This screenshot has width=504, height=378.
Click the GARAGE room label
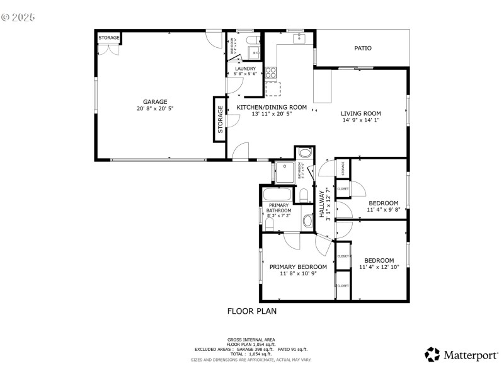(x=154, y=101)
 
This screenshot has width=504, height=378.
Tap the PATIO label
(x=362, y=48)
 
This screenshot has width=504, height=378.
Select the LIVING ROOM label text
(x=361, y=113)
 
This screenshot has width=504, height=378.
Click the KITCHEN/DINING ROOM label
(x=272, y=107)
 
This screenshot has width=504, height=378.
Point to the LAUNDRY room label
(x=245, y=68)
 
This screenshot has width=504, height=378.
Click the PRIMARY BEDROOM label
(x=298, y=266)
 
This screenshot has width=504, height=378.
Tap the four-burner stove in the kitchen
(x=271, y=72)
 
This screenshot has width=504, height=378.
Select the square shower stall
(x=285, y=172)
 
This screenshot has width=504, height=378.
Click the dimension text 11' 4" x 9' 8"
(x=383, y=210)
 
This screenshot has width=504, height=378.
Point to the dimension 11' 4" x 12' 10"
(x=380, y=267)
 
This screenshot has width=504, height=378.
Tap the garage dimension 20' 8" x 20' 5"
(x=154, y=108)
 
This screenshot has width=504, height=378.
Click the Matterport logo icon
(x=432, y=355)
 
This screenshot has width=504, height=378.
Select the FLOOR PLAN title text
(x=251, y=311)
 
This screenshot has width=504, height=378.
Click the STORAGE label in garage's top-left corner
(x=108, y=38)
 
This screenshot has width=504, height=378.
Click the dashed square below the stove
(x=273, y=89)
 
